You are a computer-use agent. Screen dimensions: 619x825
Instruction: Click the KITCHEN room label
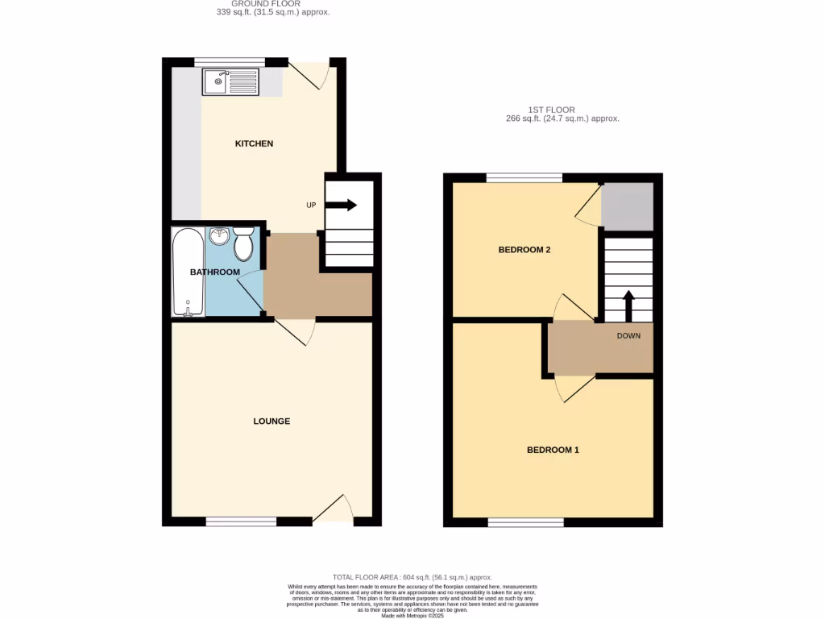click(x=254, y=143)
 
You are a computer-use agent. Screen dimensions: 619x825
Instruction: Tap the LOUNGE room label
click(x=272, y=422)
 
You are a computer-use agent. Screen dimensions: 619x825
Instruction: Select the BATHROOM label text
click(x=215, y=272)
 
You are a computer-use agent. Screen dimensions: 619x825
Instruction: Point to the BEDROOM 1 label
click(x=553, y=450)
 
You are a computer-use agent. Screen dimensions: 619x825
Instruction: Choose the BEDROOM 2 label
click(x=524, y=250)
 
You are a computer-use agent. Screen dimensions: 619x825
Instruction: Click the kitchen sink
click(x=232, y=81)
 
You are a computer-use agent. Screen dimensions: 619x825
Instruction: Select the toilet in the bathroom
click(x=244, y=240)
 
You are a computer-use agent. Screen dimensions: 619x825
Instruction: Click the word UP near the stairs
click(x=311, y=206)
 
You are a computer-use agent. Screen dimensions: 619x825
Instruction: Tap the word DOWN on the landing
click(x=629, y=335)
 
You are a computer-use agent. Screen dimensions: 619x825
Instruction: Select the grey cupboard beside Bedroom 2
click(x=628, y=206)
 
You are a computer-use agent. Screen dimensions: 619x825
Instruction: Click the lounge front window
click(x=242, y=521)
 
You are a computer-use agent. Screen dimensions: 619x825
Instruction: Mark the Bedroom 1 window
click(x=525, y=522)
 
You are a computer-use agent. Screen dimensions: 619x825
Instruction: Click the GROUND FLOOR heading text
click(x=261, y=4)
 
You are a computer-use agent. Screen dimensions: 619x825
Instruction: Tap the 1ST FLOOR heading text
click(x=564, y=110)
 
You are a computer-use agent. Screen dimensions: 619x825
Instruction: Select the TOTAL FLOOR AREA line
click(x=412, y=577)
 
